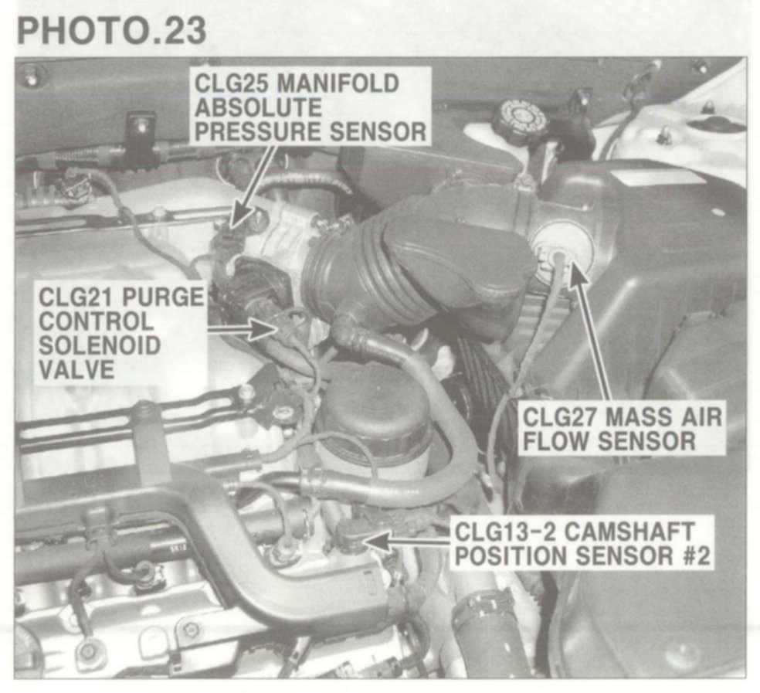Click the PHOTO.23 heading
pyautogui.click(x=111, y=31)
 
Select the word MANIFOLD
pyautogui.click(x=337, y=83)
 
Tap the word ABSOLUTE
pyautogui.click(x=258, y=107)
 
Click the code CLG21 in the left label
pyautogui.click(x=76, y=297)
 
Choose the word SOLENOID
pyautogui.click(x=100, y=345)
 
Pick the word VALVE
pyautogui.click(x=76, y=369)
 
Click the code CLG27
pyautogui.click(x=560, y=416)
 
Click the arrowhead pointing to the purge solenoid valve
pyautogui.click(x=266, y=329)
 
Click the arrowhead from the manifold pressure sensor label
pyautogui.click(x=240, y=216)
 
